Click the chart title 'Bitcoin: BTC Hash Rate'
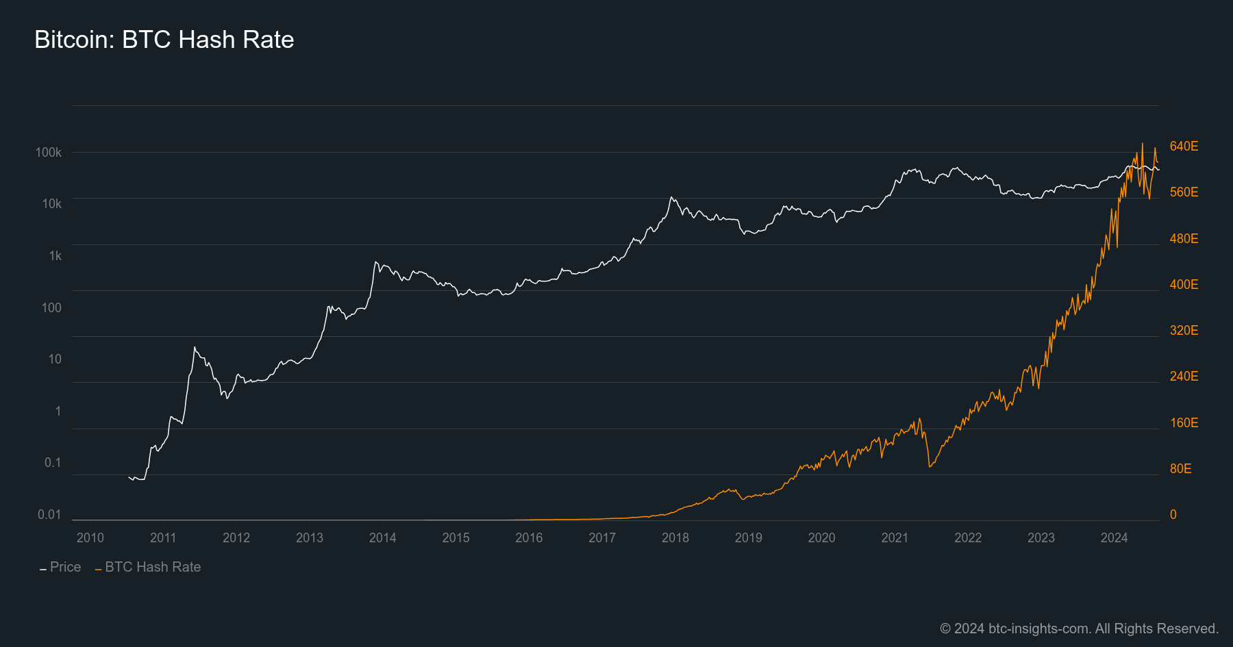(164, 40)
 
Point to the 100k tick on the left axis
(49, 152)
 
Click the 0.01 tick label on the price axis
(49, 514)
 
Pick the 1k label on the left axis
(55, 255)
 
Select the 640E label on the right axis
(1184, 146)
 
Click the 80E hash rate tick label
(1180, 468)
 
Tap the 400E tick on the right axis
(1184, 284)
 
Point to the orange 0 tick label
(1173, 514)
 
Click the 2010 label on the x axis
(90, 537)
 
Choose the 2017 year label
(602, 537)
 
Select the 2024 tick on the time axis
(1114, 537)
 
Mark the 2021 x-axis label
(895, 537)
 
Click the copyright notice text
(1079, 628)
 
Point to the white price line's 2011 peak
(195, 347)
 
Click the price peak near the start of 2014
(375, 262)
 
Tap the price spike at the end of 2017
(672, 197)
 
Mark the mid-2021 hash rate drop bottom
(930, 467)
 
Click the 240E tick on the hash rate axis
(1184, 376)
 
